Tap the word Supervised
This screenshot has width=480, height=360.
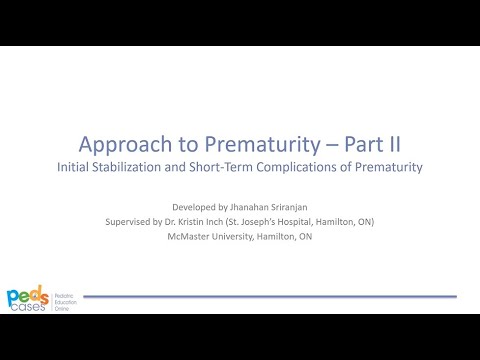138,220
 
